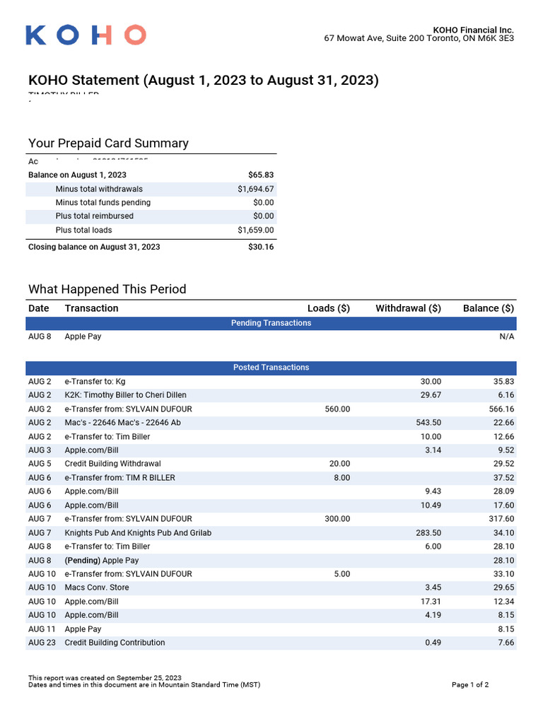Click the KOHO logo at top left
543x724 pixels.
coord(86,35)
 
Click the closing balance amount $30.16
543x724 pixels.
coord(261,247)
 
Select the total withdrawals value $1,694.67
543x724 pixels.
coord(256,189)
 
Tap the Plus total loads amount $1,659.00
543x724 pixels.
coord(256,230)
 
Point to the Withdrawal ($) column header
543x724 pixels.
coord(408,308)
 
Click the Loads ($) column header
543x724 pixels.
coord(329,308)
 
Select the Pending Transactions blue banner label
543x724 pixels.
coord(271,323)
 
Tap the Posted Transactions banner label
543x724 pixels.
coord(271,368)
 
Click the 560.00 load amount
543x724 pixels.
coord(337,409)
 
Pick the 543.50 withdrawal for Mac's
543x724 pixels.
coord(428,423)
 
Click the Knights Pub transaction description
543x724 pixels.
coord(138,532)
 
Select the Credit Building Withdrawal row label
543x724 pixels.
coord(112,464)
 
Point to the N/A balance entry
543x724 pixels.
coord(506,337)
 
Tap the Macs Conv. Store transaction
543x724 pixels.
coord(97,588)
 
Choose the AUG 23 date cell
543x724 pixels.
coord(40,643)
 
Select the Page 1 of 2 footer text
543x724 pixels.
coord(469,685)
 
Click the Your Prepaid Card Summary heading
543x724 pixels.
coord(108,144)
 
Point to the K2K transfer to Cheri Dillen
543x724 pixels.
coord(126,395)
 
